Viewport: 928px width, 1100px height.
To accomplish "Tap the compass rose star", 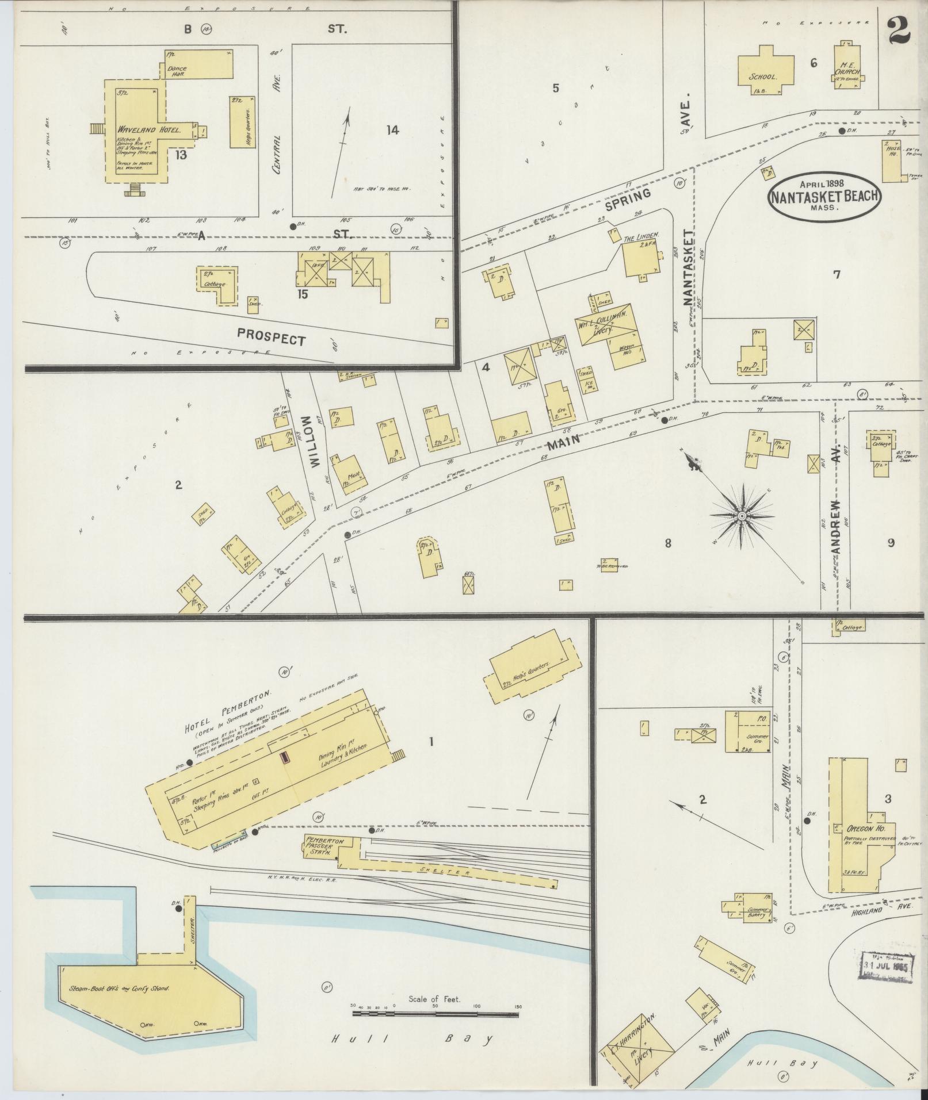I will point(742,516).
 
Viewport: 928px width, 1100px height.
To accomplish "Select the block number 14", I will point(392,131).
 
